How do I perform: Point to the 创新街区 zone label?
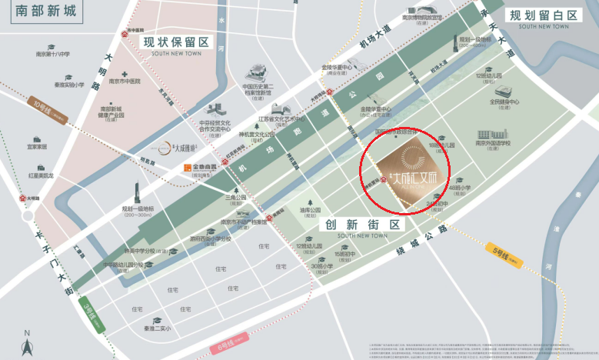click(363, 225)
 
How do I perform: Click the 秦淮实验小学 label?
click(69, 85)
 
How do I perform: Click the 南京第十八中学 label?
click(53, 55)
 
